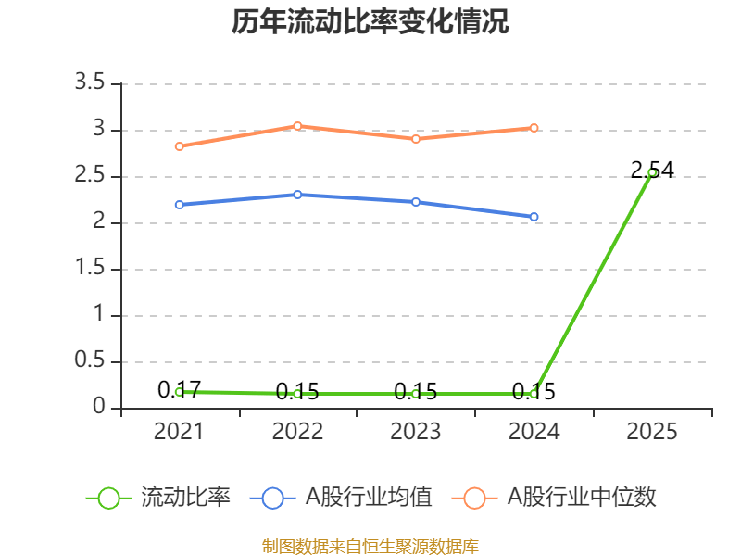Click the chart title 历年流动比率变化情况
coord(370,22)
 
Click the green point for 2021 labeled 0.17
coord(179,392)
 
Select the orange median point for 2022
coord(297,125)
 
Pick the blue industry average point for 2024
coord(534,217)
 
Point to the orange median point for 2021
coord(179,146)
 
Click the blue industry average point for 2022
coord(297,195)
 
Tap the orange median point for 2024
coord(534,128)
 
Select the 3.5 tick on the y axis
coord(92,84)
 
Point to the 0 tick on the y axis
coord(100,409)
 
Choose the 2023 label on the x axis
coord(416,432)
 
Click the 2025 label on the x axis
coord(652,432)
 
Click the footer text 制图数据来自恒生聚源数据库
coord(370,546)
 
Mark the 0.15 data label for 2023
coord(416,392)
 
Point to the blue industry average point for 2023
coord(416,202)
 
